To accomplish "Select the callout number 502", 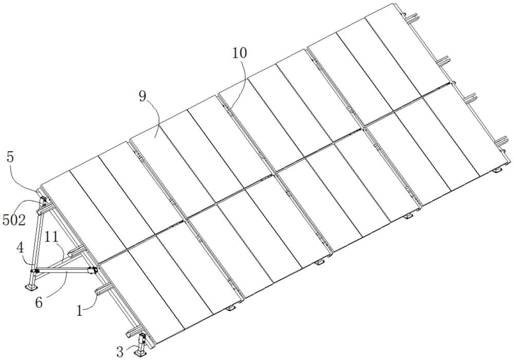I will (x=13, y=220).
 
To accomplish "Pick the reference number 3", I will (x=120, y=351).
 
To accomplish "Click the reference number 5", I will (x=10, y=155).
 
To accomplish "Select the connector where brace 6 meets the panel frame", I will (x=93, y=269).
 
